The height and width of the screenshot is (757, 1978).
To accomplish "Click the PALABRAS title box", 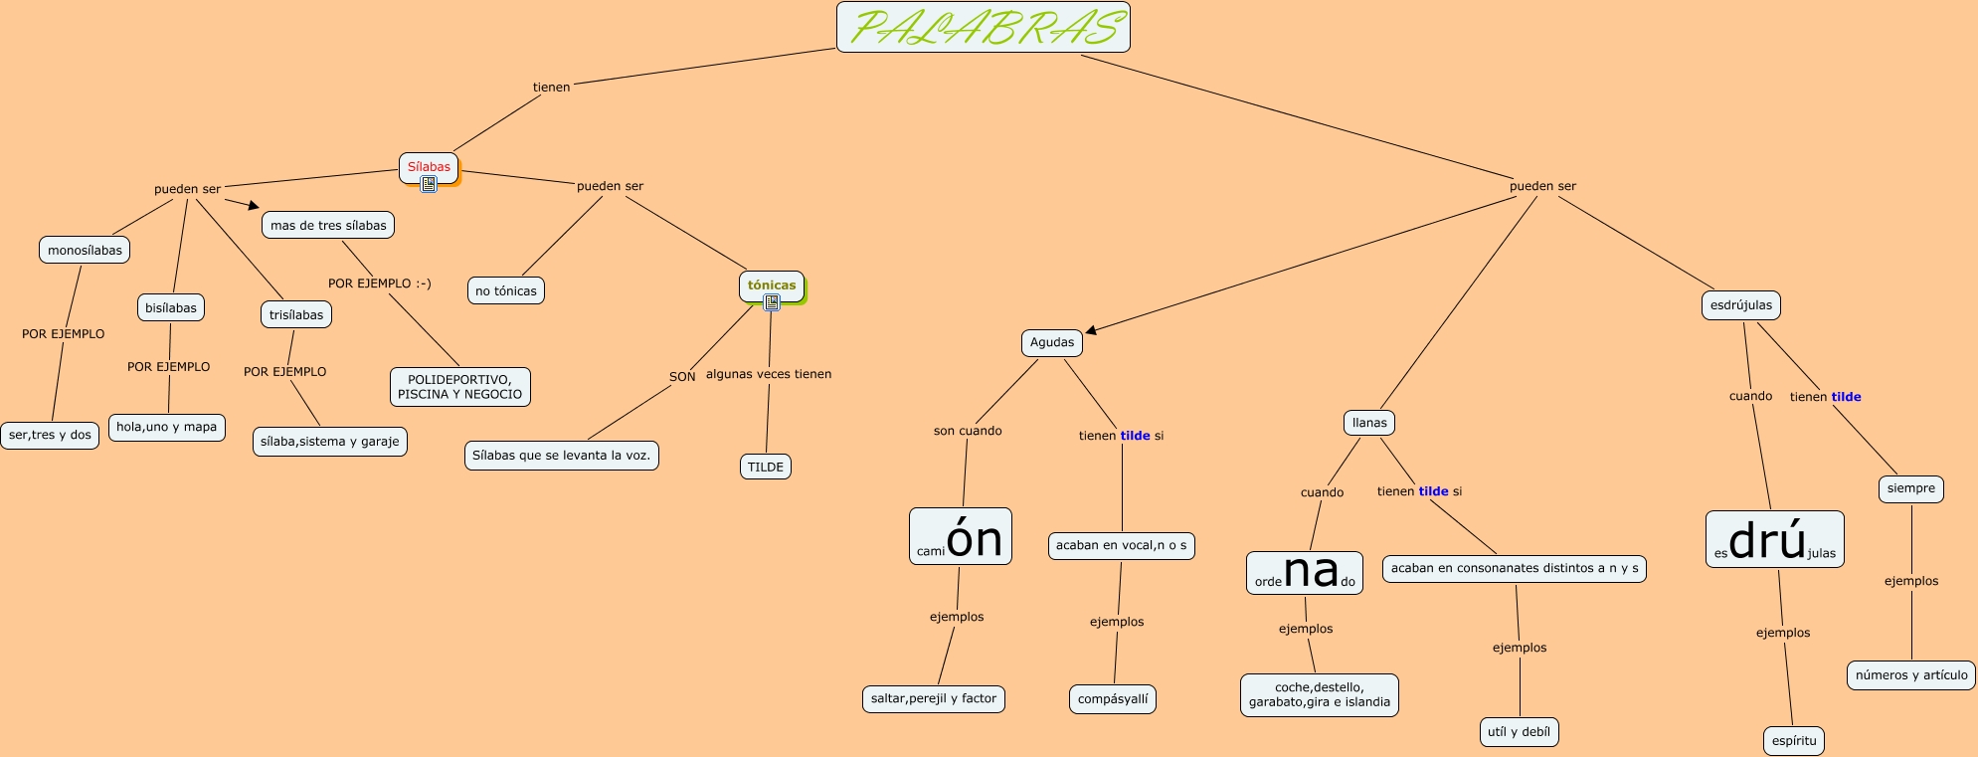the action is coord(983,27).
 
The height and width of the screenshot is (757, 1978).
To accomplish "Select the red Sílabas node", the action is coord(429,166).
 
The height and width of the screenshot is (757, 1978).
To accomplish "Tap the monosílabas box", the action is coord(85,250).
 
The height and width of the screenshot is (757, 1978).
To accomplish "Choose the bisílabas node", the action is coord(171,307).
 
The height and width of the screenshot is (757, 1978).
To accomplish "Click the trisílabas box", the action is coord(296,314).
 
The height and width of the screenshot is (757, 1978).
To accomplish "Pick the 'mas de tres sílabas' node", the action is coord(328,225).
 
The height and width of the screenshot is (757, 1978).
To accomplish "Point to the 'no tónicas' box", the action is coord(506,290).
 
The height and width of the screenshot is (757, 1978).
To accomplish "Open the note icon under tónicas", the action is coord(772,302).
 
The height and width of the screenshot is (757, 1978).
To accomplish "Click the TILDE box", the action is coord(766,467).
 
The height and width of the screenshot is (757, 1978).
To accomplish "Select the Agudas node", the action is coord(1052,342).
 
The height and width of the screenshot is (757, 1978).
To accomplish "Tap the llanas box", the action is coord(1369,422).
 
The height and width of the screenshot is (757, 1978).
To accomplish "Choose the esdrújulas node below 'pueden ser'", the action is coord(1740,304).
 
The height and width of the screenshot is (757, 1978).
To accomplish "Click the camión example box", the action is coord(960,537).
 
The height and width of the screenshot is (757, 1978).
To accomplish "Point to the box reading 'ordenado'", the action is coord(1304,573).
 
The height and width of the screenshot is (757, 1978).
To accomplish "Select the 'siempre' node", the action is coord(1910,488).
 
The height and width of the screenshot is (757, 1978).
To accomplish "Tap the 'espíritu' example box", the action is coord(1794,740).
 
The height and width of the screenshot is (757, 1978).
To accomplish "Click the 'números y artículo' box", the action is coord(1911,674).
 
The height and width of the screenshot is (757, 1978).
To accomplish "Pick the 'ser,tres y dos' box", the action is coord(50,435).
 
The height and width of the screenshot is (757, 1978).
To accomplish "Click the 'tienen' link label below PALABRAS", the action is coord(552,87).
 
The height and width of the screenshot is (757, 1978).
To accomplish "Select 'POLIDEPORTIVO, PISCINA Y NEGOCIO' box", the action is coord(460,386).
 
